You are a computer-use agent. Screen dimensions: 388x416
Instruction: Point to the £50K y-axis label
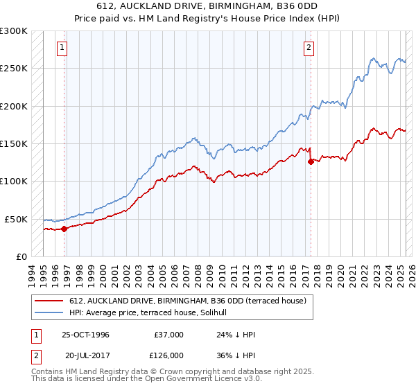click(x=16, y=219)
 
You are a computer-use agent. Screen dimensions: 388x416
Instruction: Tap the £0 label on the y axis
click(x=21, y=256)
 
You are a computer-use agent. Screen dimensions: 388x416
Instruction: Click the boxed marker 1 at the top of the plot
click(x=62, y=48)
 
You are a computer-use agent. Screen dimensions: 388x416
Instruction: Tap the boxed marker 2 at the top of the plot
click(x=309, y=48)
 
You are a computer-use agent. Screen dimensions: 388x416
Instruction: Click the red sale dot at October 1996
click(x=64, y=228)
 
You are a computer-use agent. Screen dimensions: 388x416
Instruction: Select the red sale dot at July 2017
click(x=310, y=161)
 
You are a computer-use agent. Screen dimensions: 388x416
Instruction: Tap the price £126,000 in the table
click(x=168, y=354)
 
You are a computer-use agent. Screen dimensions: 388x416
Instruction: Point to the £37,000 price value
click(x=168, y=335)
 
